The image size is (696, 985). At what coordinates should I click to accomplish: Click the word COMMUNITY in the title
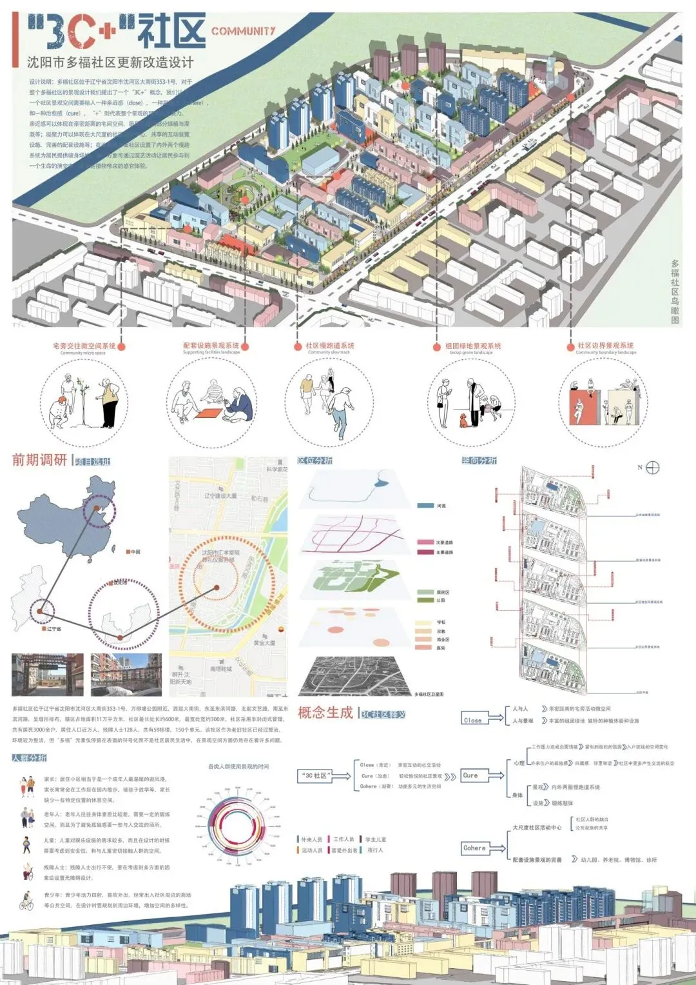pyautogui.click(x=243, y=30)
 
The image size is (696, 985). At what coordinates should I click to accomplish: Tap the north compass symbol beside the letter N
pyautogui.click(x=653, y=468)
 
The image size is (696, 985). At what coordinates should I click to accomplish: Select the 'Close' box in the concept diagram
pyautogui.click(x=473, y=720)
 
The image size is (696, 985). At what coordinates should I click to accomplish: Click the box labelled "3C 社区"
pyautogui.click(x=316, y=775)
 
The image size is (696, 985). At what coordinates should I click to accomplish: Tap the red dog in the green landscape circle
pyautogui.click(x=462, y=420)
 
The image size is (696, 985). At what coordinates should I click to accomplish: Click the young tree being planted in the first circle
pyautogui.click(x=82, y=400)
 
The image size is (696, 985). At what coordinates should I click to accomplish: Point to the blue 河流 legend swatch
pyautogui.click(x=425, y=506)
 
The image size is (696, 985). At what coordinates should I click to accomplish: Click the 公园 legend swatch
pyautogui.click(x=425, y=600)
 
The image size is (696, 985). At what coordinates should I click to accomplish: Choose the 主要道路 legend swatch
pyautogui.click(x=425, y=552)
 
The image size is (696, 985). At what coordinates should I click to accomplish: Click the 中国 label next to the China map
pyautogui.click(x=135, y=552)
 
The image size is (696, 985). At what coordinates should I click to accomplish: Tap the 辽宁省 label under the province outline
pyautogui.click(x=54, y=628)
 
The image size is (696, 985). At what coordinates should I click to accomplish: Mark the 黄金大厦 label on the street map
pyautogui.click(x=264, y=643)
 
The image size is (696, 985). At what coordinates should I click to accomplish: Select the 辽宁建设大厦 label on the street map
pyautogui.click(x=220, y=496)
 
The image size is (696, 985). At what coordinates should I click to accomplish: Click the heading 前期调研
pyautogui.click(x=39, y=461)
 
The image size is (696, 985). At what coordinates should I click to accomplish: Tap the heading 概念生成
pyautogui.click(x=325, y=713)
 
